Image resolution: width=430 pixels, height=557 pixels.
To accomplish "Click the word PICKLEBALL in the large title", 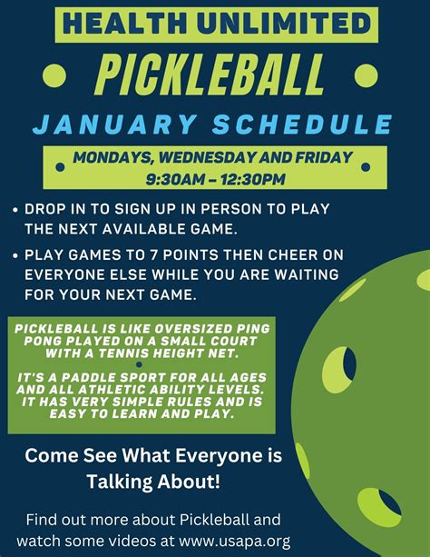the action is [210, 75].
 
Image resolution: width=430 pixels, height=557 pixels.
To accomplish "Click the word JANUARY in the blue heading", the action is [114, 124].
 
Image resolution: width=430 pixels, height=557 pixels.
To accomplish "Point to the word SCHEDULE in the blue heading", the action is [302, 124].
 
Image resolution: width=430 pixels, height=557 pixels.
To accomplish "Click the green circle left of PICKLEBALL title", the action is [54, 75].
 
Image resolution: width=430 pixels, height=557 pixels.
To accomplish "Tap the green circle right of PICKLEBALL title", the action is [366, 75].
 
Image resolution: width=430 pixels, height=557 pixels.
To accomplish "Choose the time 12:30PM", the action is [252, 179].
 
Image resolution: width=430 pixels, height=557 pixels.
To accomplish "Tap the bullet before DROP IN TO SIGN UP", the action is [15, 210].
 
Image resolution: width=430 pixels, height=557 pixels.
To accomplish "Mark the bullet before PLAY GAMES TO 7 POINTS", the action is [15, 255].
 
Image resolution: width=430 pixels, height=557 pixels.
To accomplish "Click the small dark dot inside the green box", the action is [139, 364].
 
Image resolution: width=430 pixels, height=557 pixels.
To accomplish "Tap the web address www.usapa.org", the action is [235, 541].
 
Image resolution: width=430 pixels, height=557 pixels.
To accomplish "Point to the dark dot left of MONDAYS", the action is [60, 167].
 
